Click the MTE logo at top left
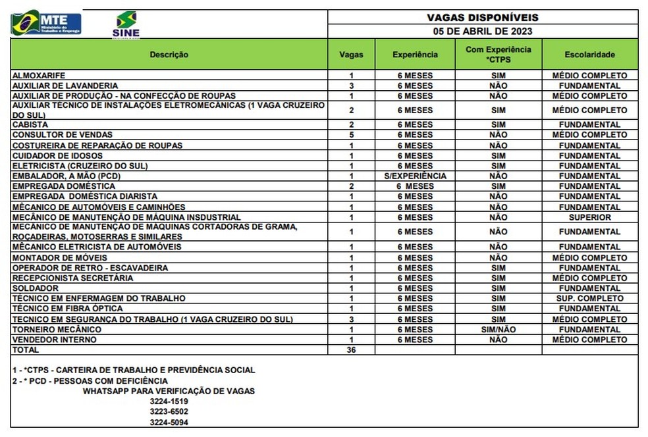pyautogui.click(x=46, y=23)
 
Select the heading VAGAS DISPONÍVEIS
pyautogui.click(x=483, y=18)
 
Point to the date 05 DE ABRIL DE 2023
pyautogui.click(x=483, y=31)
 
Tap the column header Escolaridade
pyautogui.click(x=589, y=55)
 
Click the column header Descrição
pyautogui.click(x=169, y=55)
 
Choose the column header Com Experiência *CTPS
pyautogui.click(x=498, y=55)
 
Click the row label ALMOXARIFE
pyautogui.click(x=39, y=76)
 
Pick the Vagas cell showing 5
pyautogui.click(x=352, y=135)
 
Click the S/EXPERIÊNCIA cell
pyautogui.click(x=415, y=176)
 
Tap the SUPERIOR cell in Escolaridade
pyautogui.click(x=589, y=217)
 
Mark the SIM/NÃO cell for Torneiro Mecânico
pyautogui.click(x=498, y=330)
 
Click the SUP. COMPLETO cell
pyautogui.click(x=589, y=299)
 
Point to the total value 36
pyautogui.click(x=351, y=350)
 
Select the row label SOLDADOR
pyautogui.click(x=36, y=288)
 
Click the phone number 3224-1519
pyautogui.click(x=169, y=401)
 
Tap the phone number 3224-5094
pyautogui.click(x=169, y=423)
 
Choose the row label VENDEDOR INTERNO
pyautogui.click(x=55, y=340)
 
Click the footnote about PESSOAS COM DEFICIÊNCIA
pyautogui.click(x=90, y=381)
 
